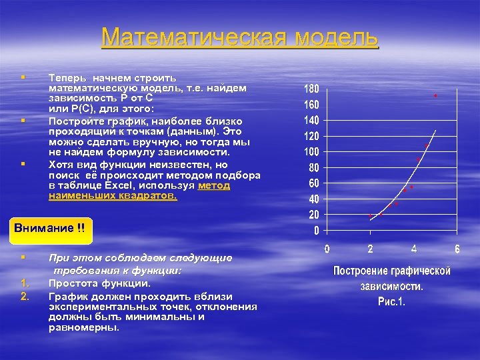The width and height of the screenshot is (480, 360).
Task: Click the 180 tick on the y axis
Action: [312, 89]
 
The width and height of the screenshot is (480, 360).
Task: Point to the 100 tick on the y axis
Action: [312, 151]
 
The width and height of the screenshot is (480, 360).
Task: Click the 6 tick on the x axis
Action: [457, 249]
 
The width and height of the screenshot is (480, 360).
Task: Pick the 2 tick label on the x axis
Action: [370, 249]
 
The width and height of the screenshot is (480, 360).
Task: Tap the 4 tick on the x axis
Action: [414, 249]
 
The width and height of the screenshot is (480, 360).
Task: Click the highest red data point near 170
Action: [435, 96]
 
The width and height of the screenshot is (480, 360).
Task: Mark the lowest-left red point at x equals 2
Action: [371, 216]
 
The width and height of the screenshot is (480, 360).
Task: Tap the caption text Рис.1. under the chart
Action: [392, 301]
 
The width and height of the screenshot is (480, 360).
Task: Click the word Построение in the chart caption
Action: [365, 271]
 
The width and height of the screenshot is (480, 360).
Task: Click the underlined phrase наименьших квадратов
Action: [113, 197]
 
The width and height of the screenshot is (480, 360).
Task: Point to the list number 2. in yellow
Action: [25, 296]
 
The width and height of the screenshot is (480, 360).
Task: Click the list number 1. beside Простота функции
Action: [25, 283]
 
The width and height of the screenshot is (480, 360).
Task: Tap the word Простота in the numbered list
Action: [73, 283]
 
